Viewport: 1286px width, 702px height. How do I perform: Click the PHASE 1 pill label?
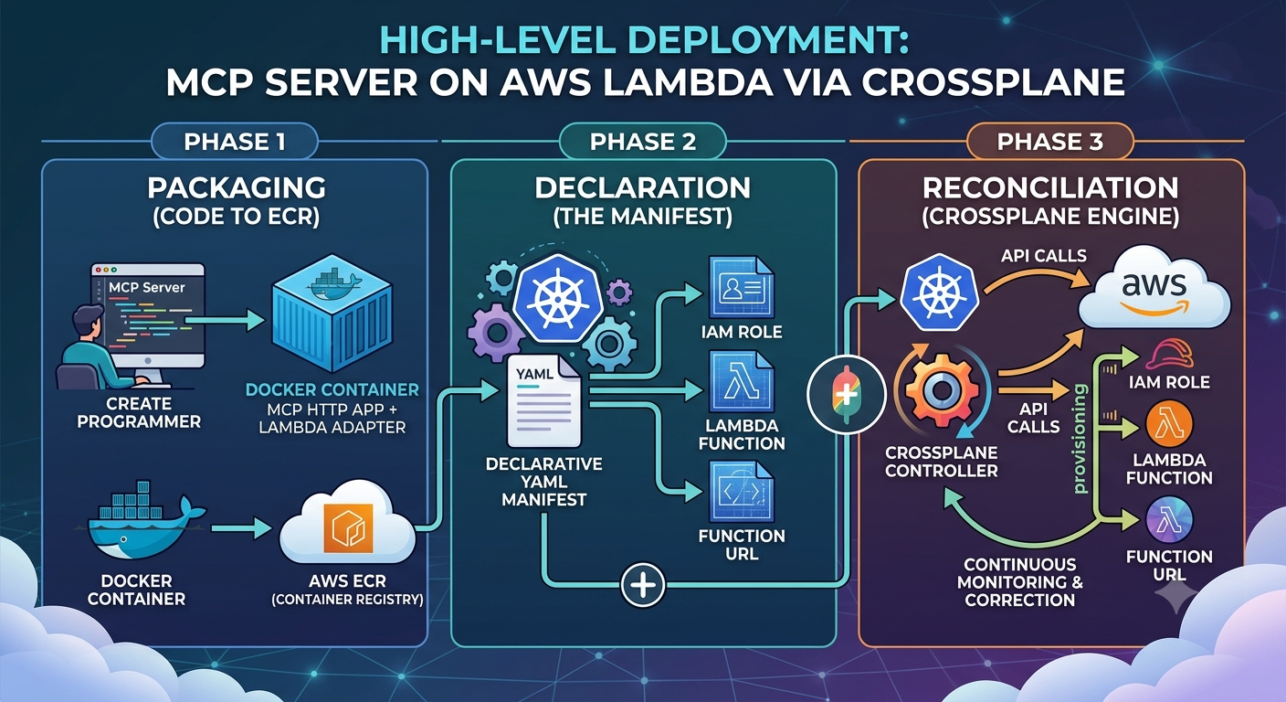pos(234,142)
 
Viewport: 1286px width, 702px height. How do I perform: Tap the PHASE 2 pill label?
pos(642,142)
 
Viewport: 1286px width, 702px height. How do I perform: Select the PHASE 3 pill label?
pos(1050,142)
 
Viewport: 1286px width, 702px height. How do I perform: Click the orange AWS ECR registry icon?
pos(348,528)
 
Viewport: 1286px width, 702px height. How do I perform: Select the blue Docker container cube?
pos(332,314)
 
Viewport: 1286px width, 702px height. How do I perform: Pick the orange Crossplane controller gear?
pos(942,390)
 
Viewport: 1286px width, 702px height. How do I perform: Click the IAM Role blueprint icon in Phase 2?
pos(741,287)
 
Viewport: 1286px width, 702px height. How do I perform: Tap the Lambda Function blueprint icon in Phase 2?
pos(741,382)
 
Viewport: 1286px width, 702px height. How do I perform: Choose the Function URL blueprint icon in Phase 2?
pos(741,493)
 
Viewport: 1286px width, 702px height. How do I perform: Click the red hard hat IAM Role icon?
pos(1169,354)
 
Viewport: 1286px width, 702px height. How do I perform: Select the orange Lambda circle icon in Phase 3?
pos(1169,426)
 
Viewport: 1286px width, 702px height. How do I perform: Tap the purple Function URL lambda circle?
pos(1169,521)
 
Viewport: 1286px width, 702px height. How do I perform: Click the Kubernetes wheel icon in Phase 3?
pos(939,292)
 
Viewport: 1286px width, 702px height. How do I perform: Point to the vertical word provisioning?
pos(1080,439)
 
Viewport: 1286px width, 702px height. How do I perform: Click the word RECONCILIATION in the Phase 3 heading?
pos(1050,188)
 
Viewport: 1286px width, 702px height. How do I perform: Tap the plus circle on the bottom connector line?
pos(643,585)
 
